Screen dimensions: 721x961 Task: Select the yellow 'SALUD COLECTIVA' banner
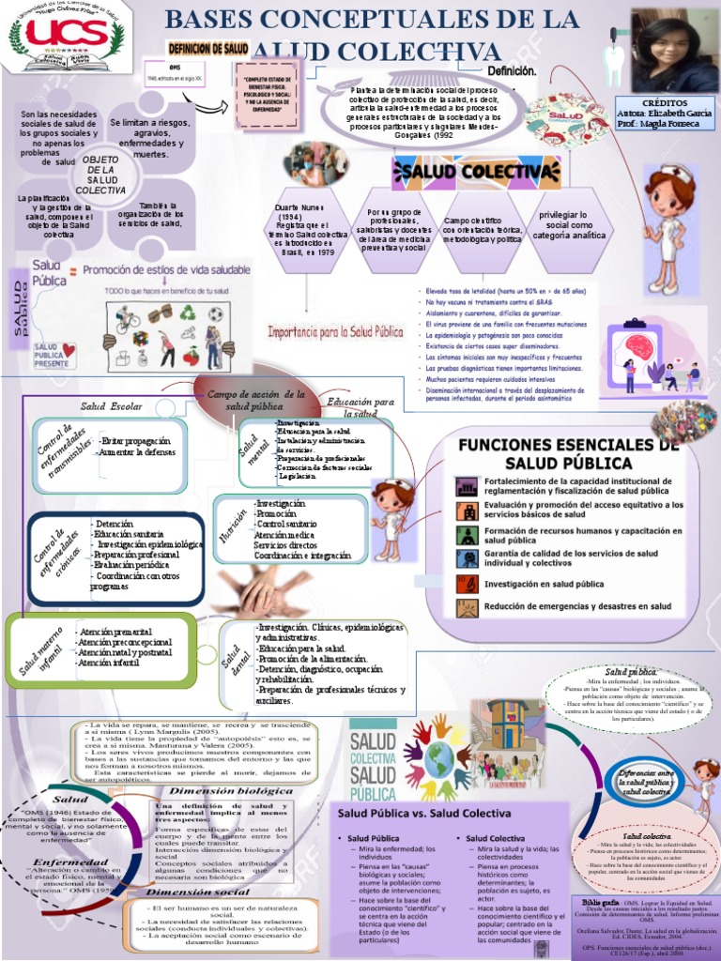496,172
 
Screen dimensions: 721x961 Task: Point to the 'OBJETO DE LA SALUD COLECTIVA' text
100,175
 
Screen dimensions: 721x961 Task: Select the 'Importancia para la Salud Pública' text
336,331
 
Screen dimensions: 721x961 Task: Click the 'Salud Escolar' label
111,405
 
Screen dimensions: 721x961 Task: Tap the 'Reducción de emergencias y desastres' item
577,607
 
